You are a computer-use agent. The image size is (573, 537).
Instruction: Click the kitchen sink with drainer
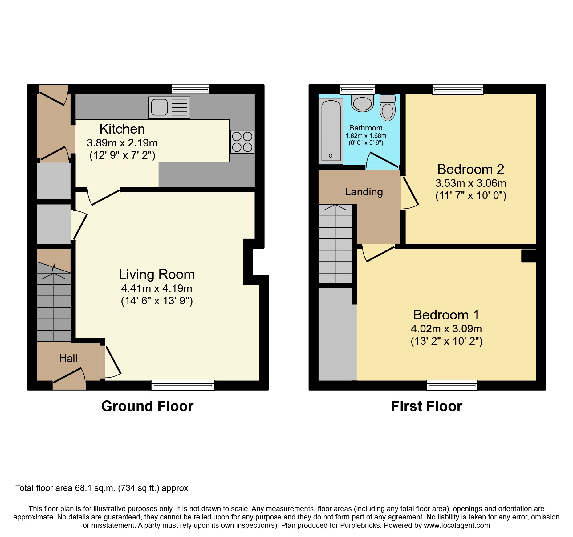pyautogui.click(x=169, y=107)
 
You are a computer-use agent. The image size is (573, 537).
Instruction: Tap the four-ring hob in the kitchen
pyautogui.click(x=242, y=142)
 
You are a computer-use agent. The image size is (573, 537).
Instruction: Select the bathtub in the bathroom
pyautogui.click(x=331, y=131)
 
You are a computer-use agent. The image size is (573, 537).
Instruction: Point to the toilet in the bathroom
pyautogui.click(x=388, y=107)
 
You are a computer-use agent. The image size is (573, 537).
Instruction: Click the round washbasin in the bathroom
pyautogui.click(x=362, y=103)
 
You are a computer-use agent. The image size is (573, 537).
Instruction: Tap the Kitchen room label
pyautogui.click(x=122, y=129)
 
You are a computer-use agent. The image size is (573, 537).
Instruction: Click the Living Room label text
pyautogui.click(x=156, y=274)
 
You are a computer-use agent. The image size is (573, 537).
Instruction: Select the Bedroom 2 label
pyautogui.click(x=471, y=169)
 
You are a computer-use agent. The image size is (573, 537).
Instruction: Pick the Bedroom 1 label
pyautogui.click(x=446, y=315)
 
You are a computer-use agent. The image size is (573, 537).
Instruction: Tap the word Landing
pyautogui.click(x=364, y=192)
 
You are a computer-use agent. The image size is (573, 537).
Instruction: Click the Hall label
pyautogui.click(x=68, y=358)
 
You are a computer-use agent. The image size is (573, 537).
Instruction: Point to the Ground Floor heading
pyautogui.click(x=147, y=406)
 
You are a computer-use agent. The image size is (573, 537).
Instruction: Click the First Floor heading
pyautogui.click(x=427, y=406)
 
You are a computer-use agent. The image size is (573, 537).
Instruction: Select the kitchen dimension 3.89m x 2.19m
pyautogui.click(x=122, y=143)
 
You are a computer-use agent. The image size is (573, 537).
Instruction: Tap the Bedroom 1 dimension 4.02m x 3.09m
pyautogui.click(x=446, y=329)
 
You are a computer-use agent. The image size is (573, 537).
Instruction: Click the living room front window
pyautogui.click(x=183, y=385)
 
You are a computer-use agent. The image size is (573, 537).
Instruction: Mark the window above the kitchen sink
pyautogui.click(x=190, y=89)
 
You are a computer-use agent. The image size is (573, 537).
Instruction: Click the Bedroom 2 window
pyautogui.click(x=458, y=89)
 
